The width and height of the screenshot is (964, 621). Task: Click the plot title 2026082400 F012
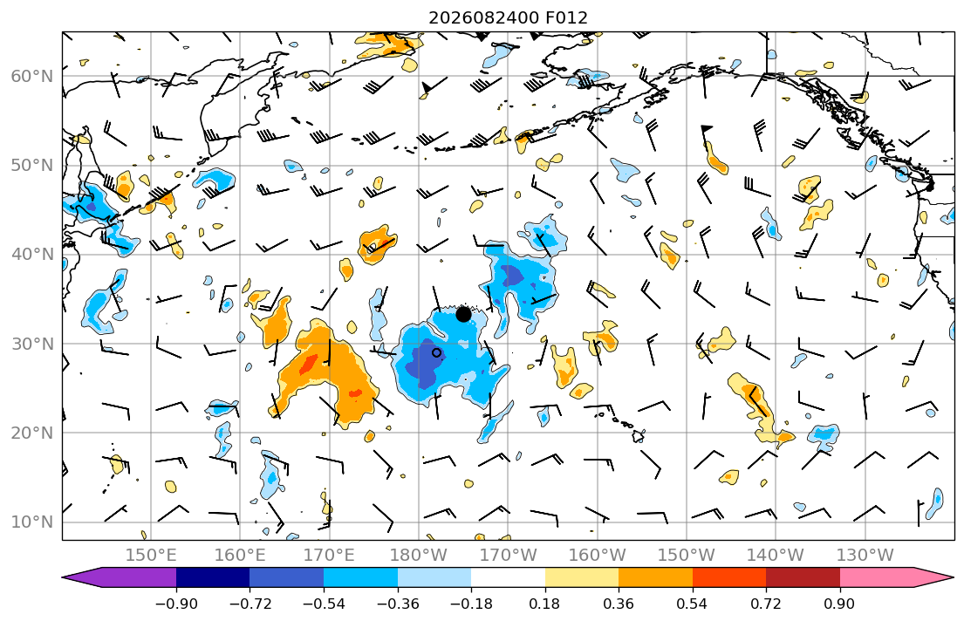508,17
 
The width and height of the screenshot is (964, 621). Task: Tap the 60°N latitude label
32,76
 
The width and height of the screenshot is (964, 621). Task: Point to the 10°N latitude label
32,522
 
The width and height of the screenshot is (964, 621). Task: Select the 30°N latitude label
32,344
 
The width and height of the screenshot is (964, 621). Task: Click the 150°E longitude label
151,556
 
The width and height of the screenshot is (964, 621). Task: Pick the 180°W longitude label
419,556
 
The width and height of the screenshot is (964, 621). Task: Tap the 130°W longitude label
865,556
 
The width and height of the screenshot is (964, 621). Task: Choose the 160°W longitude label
597,556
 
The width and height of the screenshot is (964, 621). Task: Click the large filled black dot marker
463,314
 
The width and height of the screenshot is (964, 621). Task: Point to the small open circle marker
436,353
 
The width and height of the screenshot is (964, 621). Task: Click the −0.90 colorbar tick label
176,604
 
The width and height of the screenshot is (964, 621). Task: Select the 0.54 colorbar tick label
693,604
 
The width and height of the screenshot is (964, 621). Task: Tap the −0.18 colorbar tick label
472,604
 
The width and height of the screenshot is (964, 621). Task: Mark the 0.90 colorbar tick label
840,604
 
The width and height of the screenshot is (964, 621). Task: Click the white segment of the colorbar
509,577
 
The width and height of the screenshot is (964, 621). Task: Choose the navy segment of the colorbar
214,577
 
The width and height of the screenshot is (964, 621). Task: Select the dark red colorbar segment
803,577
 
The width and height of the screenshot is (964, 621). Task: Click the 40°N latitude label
32,255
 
